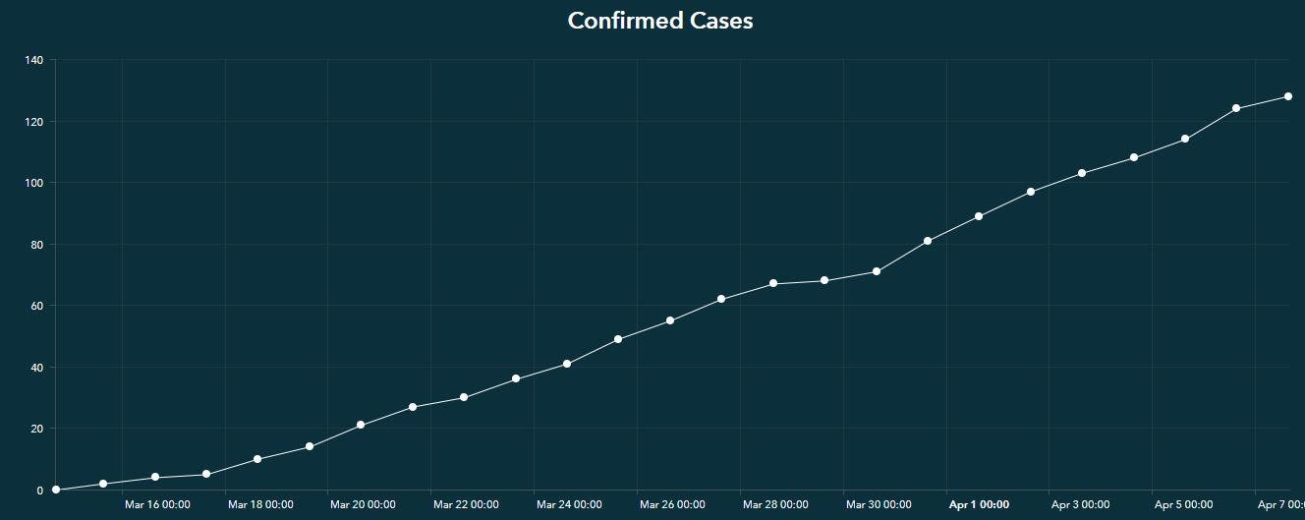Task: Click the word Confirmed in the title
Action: [617, 21]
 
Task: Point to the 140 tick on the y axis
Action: [33, 60]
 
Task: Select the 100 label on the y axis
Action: [33, 183]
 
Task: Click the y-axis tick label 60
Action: [36, 306]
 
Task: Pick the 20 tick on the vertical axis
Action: [36, 429]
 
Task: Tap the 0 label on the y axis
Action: [39, 490]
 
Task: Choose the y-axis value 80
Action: [36, 245]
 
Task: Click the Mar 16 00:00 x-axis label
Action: [157, 504]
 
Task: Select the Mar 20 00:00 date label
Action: [363, 504]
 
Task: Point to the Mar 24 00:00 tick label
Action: [569, 504]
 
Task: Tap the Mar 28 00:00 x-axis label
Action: [775, 504]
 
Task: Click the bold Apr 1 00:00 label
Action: [979, 504]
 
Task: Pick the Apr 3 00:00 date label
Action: [1081, 504]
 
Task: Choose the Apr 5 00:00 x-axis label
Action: [1184, 504]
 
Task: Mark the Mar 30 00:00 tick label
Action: [879, 504]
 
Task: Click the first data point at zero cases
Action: [56, 490]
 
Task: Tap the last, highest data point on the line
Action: [1287, 96]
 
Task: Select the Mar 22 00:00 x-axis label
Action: [466, 504]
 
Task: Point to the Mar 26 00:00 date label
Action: [672, 504]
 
